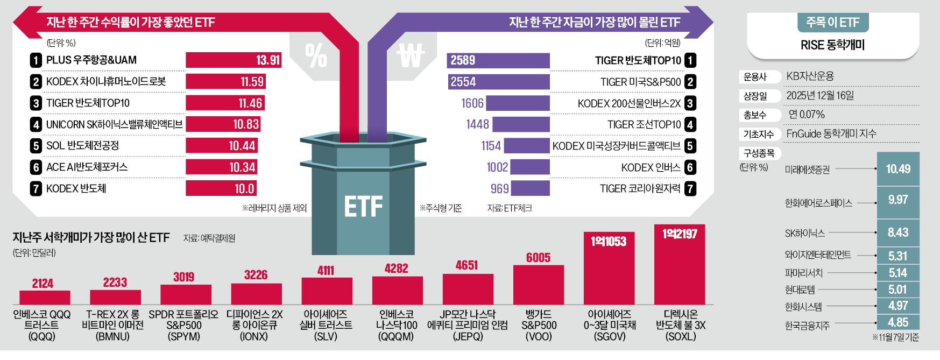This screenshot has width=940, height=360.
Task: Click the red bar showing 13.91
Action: pos(234,60)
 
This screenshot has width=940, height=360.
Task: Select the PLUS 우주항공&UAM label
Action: pos(91,60)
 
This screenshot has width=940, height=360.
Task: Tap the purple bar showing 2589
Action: pos(498,60)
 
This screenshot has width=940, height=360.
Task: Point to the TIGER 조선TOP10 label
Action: pos(644,125)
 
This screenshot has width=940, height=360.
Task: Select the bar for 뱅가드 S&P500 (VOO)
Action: pos(539,285)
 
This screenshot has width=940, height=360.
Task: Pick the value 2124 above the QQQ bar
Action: pos(43,284)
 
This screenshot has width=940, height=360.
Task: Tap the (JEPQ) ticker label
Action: pos(467,337)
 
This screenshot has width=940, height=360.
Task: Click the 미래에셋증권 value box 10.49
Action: pos(898,169)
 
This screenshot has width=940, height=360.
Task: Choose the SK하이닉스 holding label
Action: pos(804,234)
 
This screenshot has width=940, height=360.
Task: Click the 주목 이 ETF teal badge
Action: pos(832,23)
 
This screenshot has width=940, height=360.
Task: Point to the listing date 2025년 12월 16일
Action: pos(820,96)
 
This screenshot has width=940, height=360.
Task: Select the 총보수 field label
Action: pos(755,115)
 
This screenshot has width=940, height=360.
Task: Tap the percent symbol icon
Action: pos(316,55)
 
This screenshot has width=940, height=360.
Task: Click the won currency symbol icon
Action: pos(411,55)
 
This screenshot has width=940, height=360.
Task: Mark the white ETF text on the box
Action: pos(363,207)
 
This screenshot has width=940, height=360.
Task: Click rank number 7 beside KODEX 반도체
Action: pos(36,189)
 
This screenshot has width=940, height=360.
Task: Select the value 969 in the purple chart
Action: pos(499,189)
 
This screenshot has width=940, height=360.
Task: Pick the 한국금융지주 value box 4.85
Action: pos(898,322)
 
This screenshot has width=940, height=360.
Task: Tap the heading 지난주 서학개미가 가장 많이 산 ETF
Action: pos(91,238)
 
